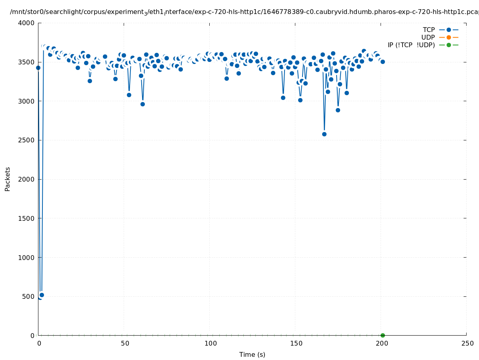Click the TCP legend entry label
click(x=429, y=30)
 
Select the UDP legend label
click(x=428, y=37)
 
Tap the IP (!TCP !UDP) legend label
click(x=411, y=45)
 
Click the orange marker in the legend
click(x=449, y=37)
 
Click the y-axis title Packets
click(x=8, y=179)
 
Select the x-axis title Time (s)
click(x=252, y=354)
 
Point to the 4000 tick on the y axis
click(x=27, y=23)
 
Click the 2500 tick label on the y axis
click(x=27, y=140)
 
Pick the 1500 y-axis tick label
click(x=27, y=218)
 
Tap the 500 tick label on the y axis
click(x=29, y=296)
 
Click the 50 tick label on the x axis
click(x=125, y=343)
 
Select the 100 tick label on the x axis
click(x=210, y=343)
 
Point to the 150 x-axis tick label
click(x=296, y=343)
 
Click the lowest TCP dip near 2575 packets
click(x=324, y=134)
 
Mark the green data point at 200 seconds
click(x=383, y=335)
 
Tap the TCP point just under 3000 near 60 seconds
click(x=142, y=104)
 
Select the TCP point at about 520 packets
click(x=42, y=295)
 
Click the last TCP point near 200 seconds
click(x=383, y=62)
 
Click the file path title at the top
click(x=244, y=12)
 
